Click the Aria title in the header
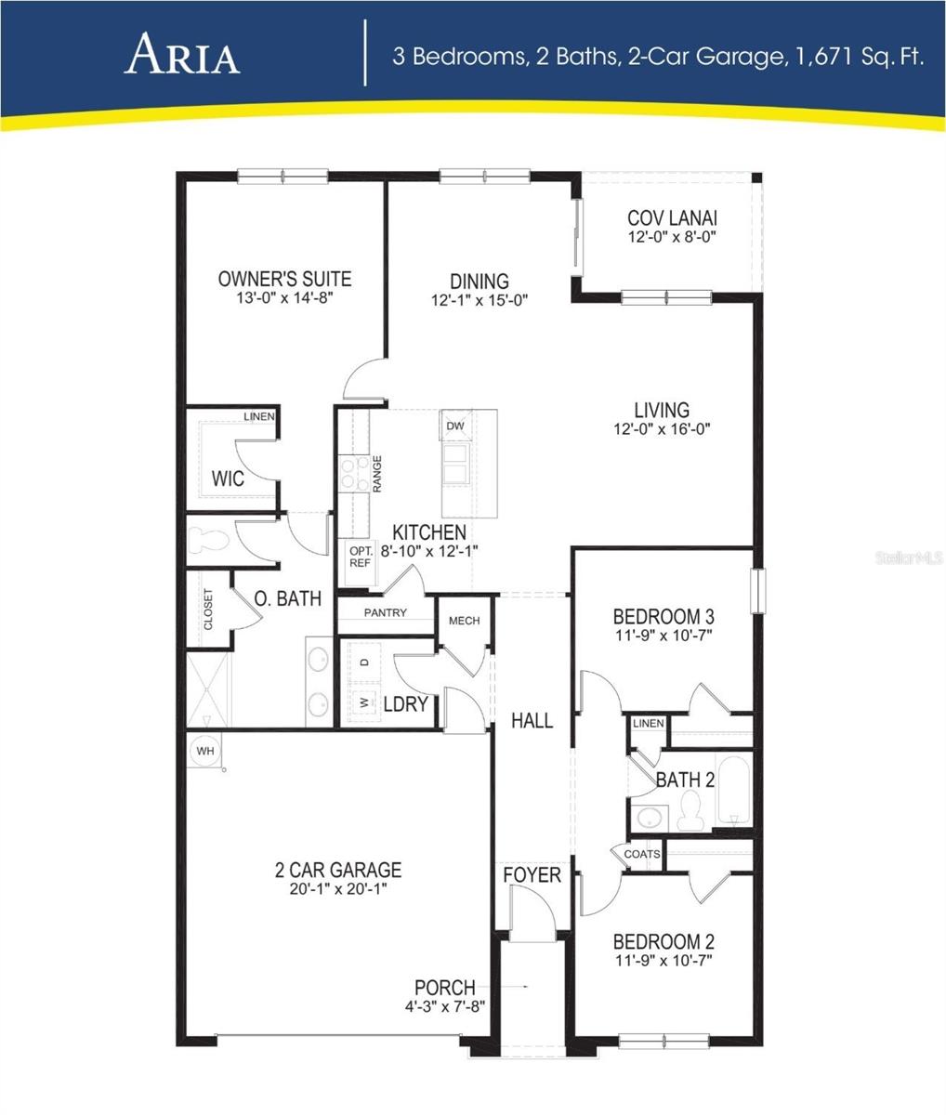tap(183, 55)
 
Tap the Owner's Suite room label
tap(284, 278)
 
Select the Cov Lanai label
tap(672, 218)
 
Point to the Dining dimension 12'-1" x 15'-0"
tap(480, 300)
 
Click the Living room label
tap(662, 410)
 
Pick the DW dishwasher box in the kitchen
tap(454, 426)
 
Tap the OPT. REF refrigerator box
tap(360, 557)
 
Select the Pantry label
tap(385, 613)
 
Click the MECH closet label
tap(464, 621)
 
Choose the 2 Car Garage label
tap(338, 871)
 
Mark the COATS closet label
tap(641, 854)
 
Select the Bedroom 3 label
tap(663, 617)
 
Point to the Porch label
tap(444, 988)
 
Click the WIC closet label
tap(228, 479)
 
